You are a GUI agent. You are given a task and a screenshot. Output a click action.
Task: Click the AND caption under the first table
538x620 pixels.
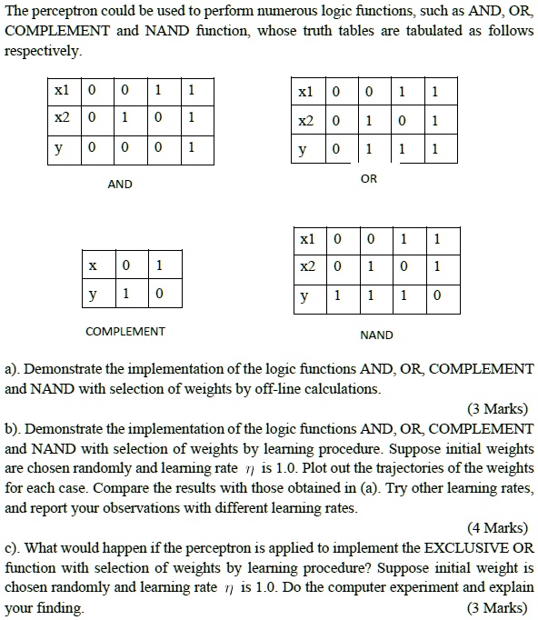120,185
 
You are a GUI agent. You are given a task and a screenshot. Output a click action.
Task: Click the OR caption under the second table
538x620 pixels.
368,179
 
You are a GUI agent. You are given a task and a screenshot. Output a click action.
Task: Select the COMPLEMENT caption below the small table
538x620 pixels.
125,331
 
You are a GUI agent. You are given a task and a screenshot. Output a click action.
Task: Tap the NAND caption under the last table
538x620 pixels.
376,335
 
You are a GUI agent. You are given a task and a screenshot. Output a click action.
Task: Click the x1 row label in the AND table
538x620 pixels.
62,92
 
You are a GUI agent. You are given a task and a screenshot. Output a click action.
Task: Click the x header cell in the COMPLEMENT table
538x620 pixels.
93,266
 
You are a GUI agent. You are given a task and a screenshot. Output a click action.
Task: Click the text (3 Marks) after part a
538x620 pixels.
497,408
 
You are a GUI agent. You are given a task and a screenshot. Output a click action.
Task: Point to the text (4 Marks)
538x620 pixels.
497,527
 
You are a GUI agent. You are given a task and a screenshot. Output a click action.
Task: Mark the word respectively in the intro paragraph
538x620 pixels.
43,52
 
